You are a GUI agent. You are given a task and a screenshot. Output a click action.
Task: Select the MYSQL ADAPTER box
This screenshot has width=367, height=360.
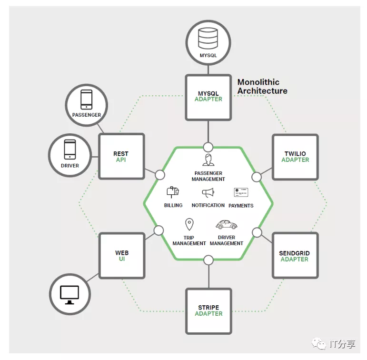coord(208,96)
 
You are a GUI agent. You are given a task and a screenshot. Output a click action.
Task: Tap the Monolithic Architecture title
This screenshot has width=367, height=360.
coord(262,86)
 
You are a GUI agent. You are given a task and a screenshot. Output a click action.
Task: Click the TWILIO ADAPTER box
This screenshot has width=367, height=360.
coord(295,157)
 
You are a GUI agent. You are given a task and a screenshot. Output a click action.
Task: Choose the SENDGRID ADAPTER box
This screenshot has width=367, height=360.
coord(295,256)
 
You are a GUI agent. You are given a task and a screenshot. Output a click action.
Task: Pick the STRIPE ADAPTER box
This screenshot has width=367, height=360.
coord(208,310)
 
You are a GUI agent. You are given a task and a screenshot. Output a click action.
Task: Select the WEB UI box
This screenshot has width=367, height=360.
coord(122,256)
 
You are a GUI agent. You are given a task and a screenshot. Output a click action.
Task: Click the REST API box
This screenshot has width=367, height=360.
coord(121,157)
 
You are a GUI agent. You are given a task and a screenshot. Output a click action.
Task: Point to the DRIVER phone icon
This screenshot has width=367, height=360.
coord(69,149)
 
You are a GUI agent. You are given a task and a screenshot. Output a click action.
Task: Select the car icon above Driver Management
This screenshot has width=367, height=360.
coord(226,224)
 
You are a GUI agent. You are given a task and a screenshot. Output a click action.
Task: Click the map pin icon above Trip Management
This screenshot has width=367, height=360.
coord(189,224)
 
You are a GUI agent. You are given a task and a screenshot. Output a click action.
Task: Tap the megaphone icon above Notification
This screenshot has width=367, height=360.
coord(208,193)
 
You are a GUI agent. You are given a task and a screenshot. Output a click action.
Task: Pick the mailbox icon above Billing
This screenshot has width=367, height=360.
coord(172,192)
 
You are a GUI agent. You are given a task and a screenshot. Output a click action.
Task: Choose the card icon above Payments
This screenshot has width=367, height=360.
coord(241,192)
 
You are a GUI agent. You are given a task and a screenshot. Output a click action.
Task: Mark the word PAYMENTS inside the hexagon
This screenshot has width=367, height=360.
coord(241,206)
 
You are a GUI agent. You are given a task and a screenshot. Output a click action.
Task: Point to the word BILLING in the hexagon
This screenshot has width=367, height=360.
coord(173,206)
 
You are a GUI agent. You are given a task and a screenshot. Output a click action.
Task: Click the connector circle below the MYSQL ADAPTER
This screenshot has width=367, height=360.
coord(208,147)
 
